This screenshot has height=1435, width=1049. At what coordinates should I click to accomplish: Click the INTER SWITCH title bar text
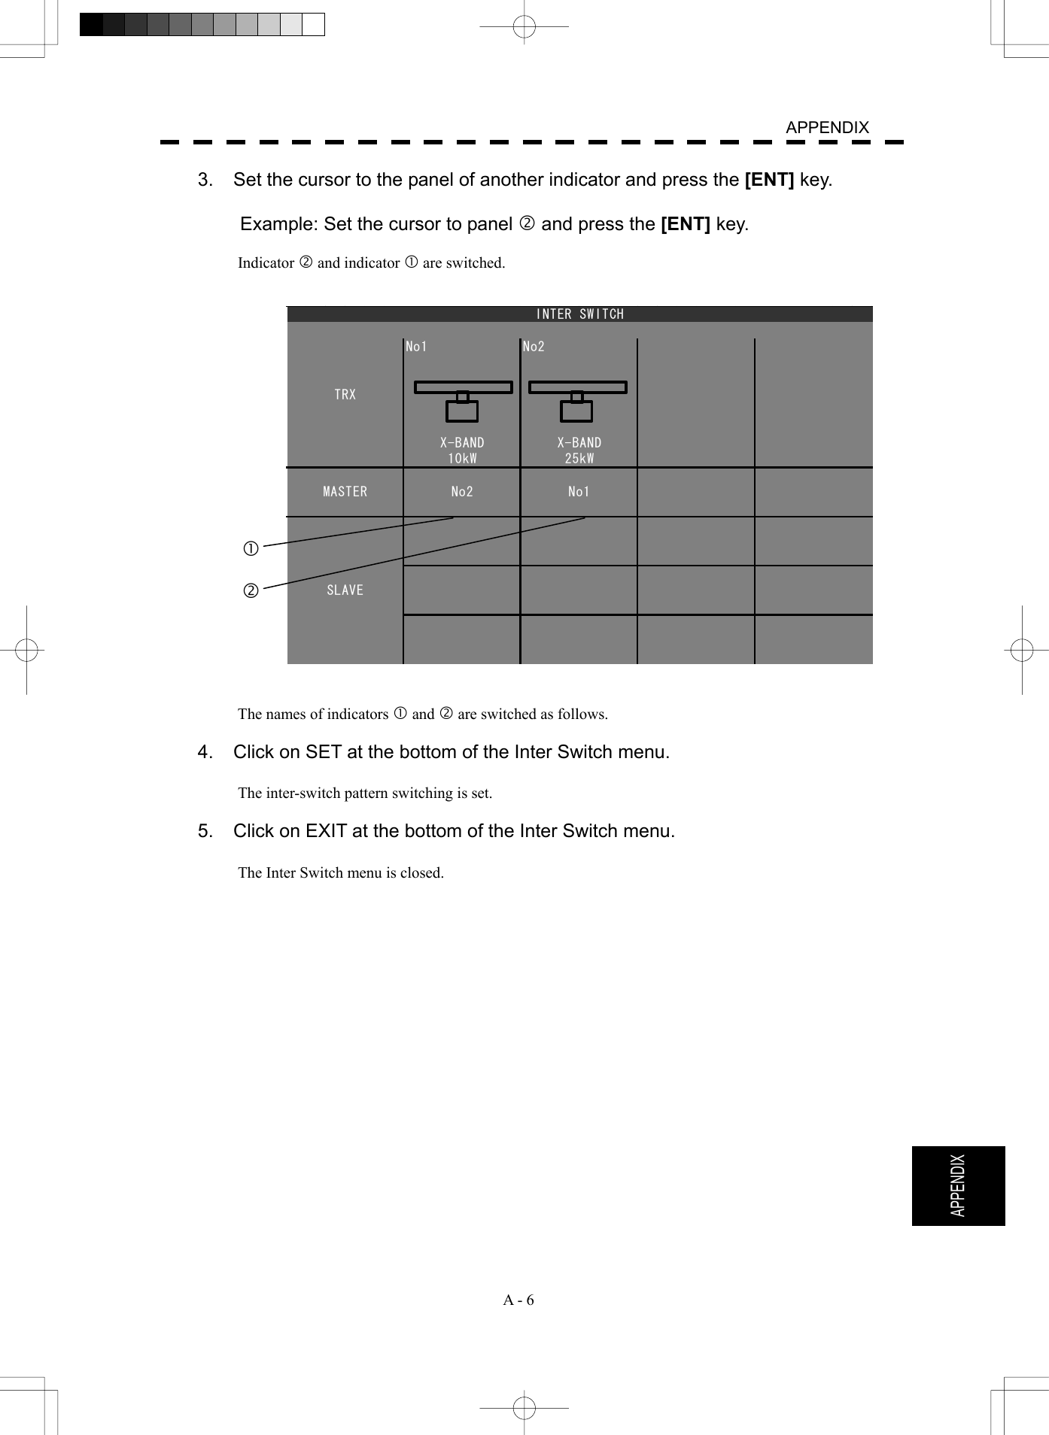(579, 314)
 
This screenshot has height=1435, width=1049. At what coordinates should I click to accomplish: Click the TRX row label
(345, 394)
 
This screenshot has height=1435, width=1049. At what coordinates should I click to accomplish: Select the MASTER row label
(345, 492)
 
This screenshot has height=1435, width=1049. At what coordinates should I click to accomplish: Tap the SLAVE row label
(345, 590)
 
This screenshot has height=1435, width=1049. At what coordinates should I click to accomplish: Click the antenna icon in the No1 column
(463, 401)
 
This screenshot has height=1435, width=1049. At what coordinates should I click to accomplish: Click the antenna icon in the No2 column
(577, 401)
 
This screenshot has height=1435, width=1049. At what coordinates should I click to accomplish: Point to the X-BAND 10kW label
(462, 451)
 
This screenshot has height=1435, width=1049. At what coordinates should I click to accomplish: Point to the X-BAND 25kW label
(579, 451)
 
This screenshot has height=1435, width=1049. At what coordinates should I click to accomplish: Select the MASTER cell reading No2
(462, 492)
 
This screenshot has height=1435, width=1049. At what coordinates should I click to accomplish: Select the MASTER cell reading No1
(579, 492)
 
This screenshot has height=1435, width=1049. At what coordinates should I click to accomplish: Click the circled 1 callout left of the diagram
(251, 549)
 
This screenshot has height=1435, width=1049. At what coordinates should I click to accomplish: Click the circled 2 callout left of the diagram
(251, 591)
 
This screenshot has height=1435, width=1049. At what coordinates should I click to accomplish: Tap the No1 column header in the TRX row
(416, 347)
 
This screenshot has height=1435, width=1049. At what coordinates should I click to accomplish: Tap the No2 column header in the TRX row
(534, 347)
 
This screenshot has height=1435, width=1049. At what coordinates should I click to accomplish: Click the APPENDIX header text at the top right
(826, 128)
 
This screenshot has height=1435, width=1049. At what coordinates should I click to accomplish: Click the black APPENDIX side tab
(958, 1186)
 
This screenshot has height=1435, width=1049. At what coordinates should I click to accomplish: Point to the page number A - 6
(518, 1300)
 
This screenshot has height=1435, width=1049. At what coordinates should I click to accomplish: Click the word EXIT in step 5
(326, 831)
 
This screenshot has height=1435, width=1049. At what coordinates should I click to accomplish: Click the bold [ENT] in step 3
(768, 180)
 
